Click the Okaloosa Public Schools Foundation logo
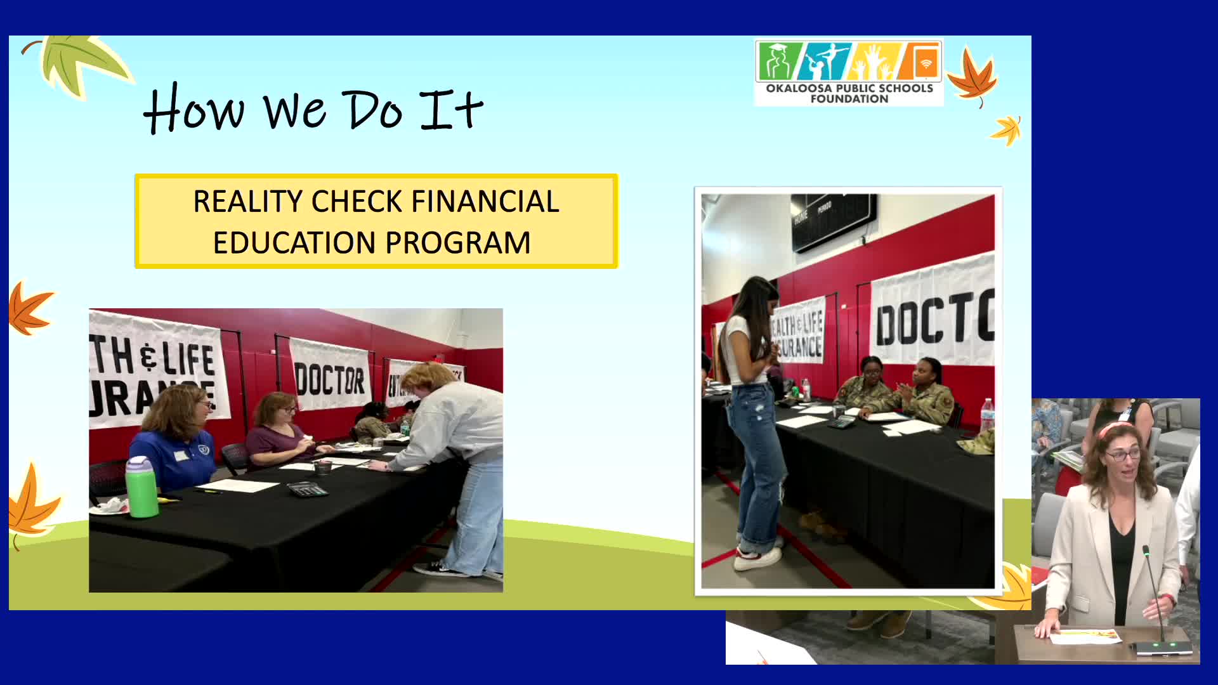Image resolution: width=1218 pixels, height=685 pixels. (x=849, y=72)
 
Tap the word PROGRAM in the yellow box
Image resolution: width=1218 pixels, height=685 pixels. (x=457, y=243)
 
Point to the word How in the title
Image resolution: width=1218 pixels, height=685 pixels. (x=193, y=110)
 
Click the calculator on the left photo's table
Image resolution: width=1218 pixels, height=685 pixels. (x=307, y=488)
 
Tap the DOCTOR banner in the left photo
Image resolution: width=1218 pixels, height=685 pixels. (x=330, y=378)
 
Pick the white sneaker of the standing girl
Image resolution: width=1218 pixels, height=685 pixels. (x=758, y=558)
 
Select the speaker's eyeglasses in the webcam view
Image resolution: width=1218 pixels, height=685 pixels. (x=1123, y=454)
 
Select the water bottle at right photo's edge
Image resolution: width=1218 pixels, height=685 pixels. (x=986, y=415)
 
